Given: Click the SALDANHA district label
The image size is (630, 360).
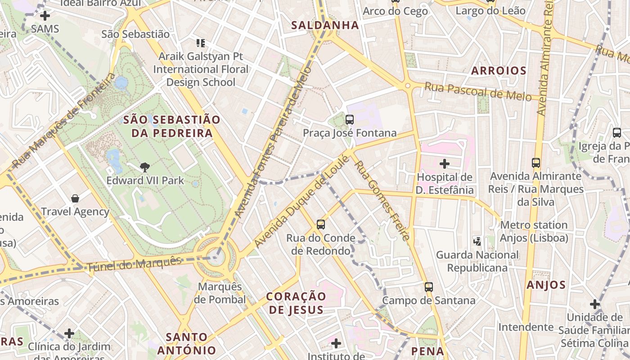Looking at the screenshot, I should tap(325, 25).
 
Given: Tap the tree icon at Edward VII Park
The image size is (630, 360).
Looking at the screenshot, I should tap(145, 168).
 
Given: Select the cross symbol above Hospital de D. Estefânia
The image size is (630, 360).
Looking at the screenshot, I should tap(445, 164).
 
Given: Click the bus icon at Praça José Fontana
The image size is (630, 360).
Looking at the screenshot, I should tap(349, 120).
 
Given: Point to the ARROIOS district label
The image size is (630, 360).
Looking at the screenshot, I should tap(499, 71).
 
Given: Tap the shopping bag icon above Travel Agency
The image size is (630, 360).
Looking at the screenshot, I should tap(75, 198).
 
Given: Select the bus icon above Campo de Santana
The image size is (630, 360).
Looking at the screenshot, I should tap(429, 287).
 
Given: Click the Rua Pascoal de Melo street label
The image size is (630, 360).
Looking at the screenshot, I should tap(478, 91).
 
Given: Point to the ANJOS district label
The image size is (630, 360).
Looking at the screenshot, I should tap(546, 284).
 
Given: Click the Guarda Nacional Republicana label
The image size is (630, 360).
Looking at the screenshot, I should tap(477, 261).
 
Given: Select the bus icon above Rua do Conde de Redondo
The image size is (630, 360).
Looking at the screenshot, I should tap(320, 225).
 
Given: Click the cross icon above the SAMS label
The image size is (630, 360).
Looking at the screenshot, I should tap(45, 16).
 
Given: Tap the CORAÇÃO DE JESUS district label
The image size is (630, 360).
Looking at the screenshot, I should tap(296, 303).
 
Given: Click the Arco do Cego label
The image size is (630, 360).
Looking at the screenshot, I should tap(395, 11).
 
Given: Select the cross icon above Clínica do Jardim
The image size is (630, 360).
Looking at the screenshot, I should tap(69, 333).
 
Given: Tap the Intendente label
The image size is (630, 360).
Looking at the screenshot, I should tap(526, 327).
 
